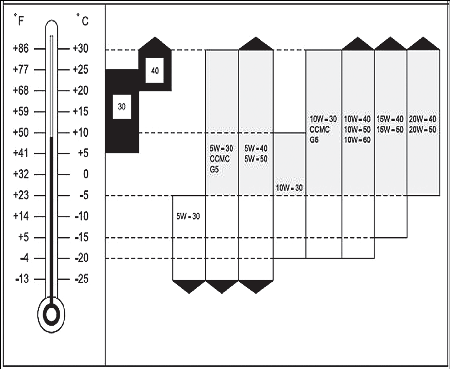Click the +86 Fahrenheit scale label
tap(21, 48)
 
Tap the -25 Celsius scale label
tap(81, 279)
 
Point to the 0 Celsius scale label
tap(85, 174)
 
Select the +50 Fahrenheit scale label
tap(21, 133)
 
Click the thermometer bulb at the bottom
tap(51, 315)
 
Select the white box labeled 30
tap(122, 106)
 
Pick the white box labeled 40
tap(155, 70)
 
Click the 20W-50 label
tap(423, 130)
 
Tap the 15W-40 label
tap(390, 119)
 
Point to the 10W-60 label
tap(357, 140)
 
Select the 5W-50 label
tap(256, 159)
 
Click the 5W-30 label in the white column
tap(188, 216)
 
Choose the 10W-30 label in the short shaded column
tap(289, 188)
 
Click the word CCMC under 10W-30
tap(319, 130)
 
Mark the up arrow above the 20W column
tap(423, 43)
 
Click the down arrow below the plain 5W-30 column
tap(189, 286)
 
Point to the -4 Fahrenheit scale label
tap(24, 258)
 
